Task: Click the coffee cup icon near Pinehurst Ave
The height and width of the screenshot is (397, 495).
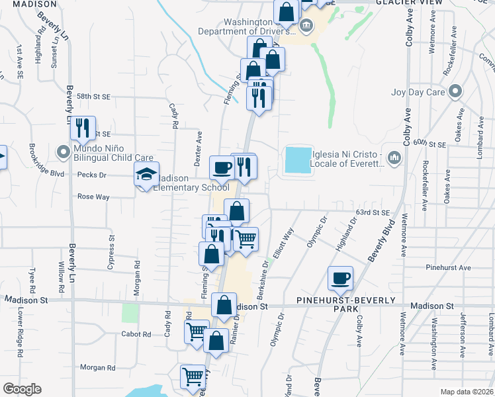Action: pyautogui.click(x=340, y=278)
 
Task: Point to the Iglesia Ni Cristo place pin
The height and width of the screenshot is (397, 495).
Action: pyautogui.click(x=395, y=157)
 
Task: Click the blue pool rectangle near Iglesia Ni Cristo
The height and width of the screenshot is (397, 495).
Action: pyautogui.click(x=298, y=161)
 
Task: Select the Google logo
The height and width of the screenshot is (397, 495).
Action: pyautogui.click(x=22, y=389)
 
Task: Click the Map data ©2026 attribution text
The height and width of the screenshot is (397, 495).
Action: pyautogui.click(x=466, y=392)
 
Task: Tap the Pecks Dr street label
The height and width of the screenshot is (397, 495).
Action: pyautogui.click(x=92, y=175)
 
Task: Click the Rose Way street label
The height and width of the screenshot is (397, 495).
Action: pyautogui.click(x=93, y=197)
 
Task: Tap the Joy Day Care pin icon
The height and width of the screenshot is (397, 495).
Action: pyautogui.click(x=455, y=91)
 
